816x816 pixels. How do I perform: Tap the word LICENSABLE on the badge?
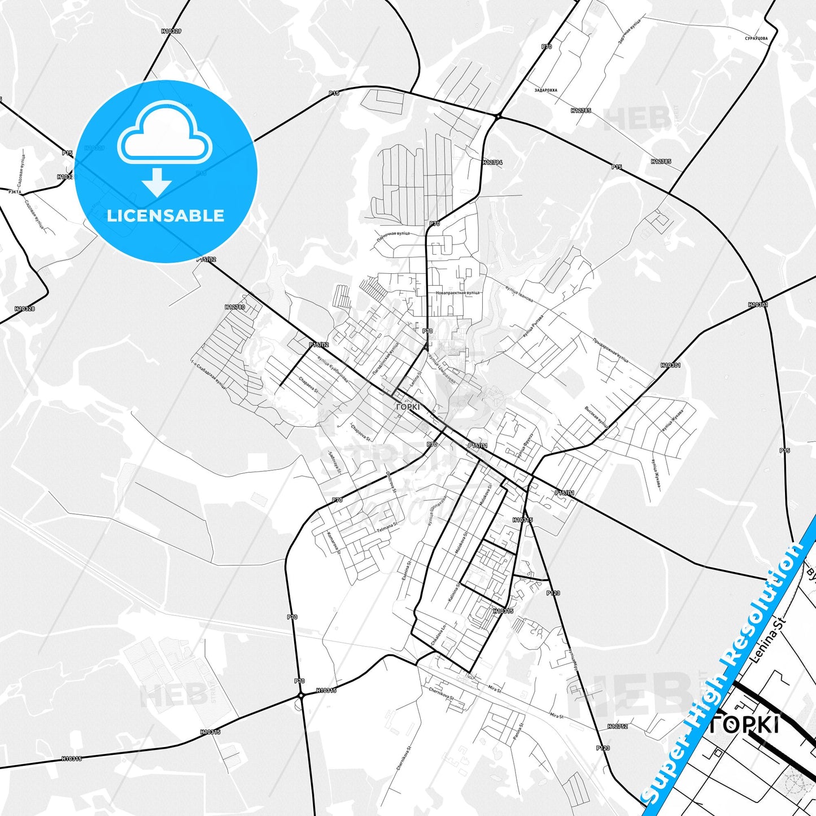pos(165,215)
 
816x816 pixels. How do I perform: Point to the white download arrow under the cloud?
pos(157,182)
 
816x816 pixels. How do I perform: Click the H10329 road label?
pos(171,31)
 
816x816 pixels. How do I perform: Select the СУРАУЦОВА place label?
pos(756,38)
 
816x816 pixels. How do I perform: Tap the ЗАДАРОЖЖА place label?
pos(546,90)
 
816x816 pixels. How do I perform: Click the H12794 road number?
pos(492,162)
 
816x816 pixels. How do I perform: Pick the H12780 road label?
pos(235,307)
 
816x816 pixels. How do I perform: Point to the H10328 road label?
pos(25,309)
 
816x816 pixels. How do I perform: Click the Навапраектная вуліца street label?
pos(457,293)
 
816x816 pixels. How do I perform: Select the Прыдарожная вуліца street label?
pos(610,350)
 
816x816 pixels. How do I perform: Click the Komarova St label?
pos(334,542)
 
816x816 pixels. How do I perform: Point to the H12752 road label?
pos(617,726)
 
